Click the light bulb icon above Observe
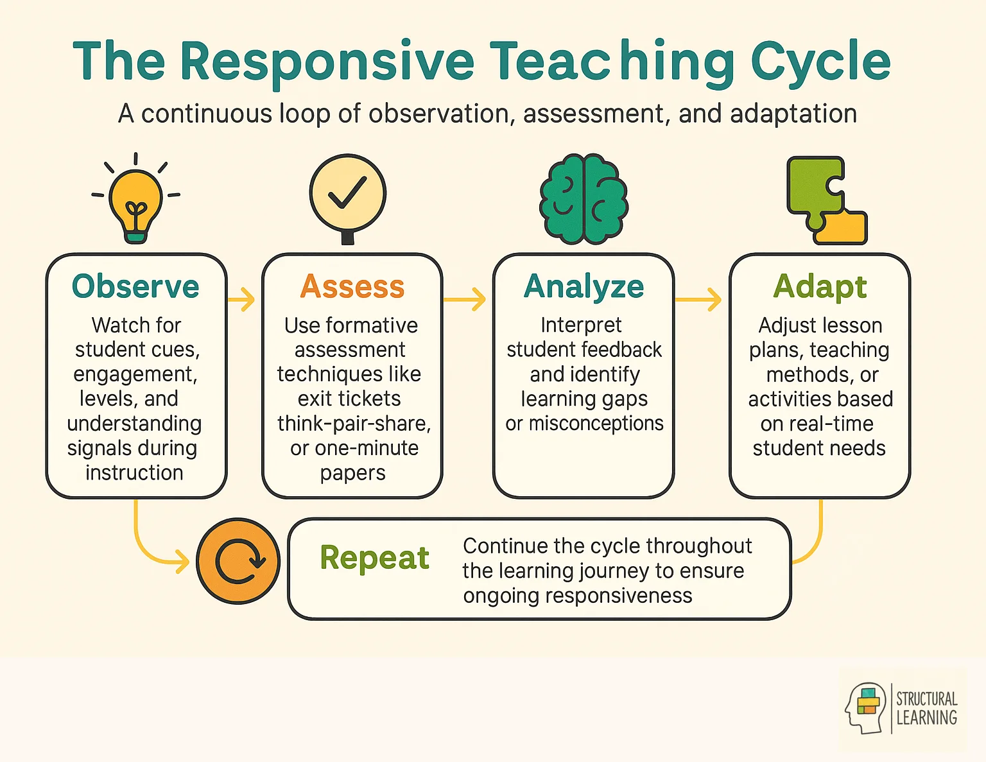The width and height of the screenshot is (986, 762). [135, 200]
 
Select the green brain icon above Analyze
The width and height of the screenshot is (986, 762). [584, 199]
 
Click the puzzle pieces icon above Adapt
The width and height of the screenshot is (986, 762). [826, 200]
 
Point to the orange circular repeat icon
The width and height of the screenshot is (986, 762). [238, 560]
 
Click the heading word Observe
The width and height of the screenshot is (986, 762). [135, 286]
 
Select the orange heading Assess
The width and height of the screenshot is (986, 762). [352, 286]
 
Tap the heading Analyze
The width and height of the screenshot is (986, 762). [584, 286]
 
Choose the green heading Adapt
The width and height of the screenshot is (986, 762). [820, 286]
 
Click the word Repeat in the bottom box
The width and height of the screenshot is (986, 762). [374, 557]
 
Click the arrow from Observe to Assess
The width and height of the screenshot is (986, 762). [242, 299]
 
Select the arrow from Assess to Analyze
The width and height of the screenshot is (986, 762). [465, 299]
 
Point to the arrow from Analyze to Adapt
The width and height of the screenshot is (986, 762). [698, 299]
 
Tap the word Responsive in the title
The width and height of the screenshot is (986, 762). [327, 62]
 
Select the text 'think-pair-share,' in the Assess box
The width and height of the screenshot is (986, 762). [354, 424]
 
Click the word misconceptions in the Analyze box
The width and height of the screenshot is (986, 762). [596, 424]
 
